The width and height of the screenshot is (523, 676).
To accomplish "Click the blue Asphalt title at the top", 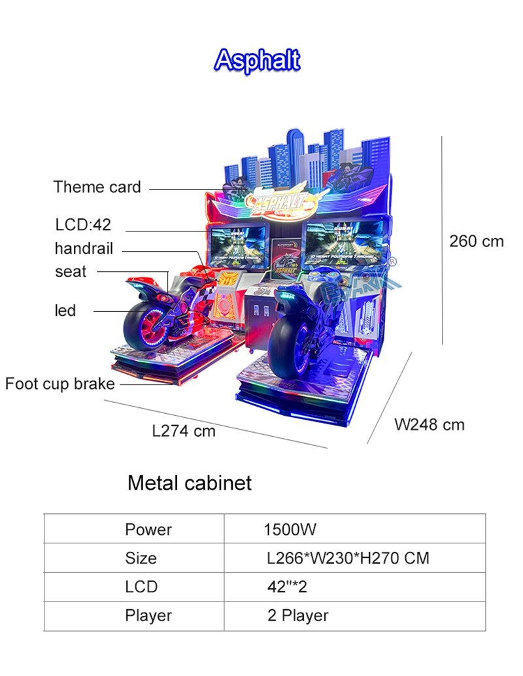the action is tap(257, 60).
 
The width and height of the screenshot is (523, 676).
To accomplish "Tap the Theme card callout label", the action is tap(97, 187).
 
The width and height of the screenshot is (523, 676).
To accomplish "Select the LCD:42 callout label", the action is tap(83, 225).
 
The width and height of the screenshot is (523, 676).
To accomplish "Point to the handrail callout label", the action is tap(84, 248).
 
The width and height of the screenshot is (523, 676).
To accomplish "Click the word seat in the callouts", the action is tap(71, 271).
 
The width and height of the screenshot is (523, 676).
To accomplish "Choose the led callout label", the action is tap(65, 310).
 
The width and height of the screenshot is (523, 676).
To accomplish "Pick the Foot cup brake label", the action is tap(60, 384).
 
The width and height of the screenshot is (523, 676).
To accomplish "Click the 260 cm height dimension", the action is tap(477, 241).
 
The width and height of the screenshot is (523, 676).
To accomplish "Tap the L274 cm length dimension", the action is tap(184, 431).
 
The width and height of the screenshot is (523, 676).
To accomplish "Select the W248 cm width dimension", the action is tap(430, 425).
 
